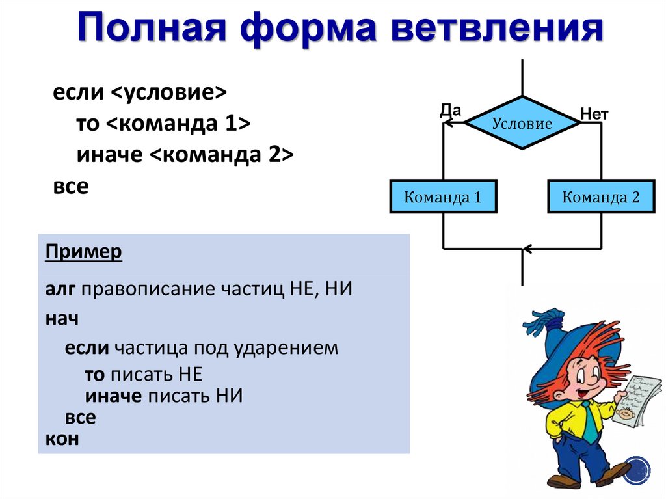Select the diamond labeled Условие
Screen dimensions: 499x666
(522, 123)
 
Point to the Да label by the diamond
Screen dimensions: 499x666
(451, 110)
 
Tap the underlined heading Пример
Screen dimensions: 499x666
(84, 252)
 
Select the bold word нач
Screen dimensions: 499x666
(62, 318)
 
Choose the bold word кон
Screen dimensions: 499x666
(62, 439)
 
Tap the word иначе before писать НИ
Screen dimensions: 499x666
(113, 396)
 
